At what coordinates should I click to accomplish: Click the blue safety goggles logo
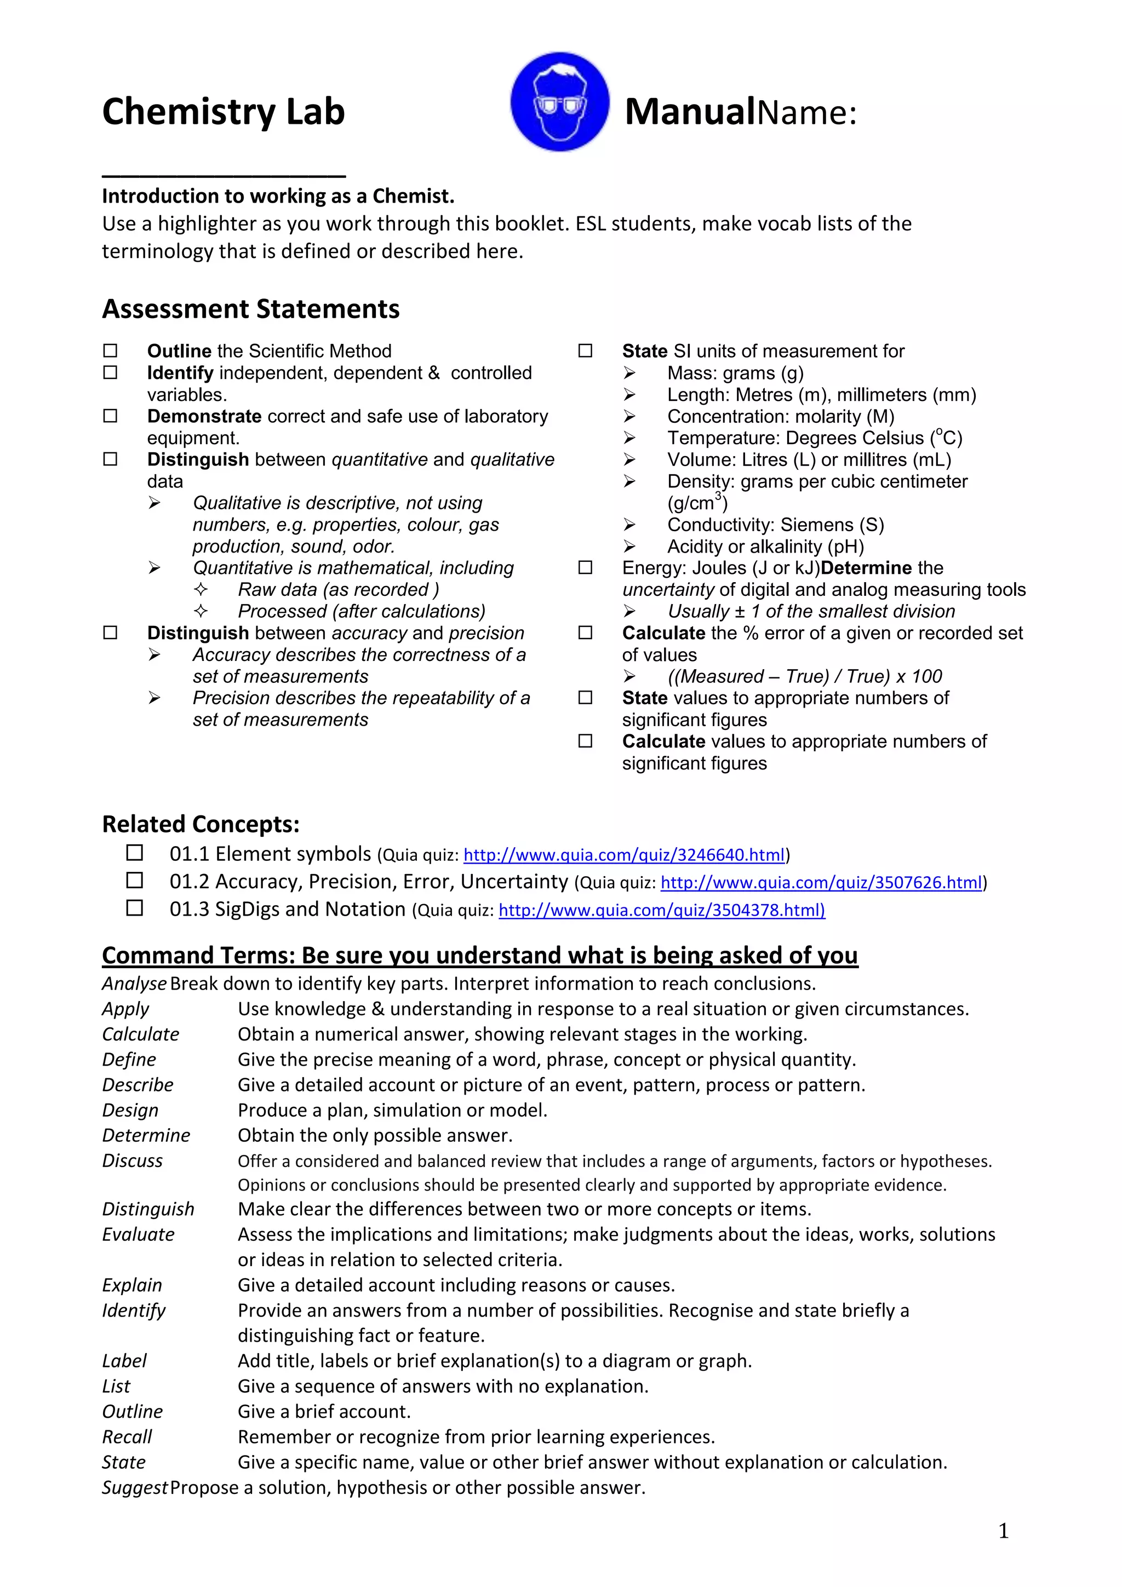point(559,102)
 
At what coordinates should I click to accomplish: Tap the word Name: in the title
point(807,112)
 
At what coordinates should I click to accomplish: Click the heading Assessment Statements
point(250,308)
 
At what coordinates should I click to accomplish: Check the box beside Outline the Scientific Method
point(111,350)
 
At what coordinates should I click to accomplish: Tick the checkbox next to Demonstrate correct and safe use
point(111,416)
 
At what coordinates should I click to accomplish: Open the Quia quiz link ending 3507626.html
point(821,883)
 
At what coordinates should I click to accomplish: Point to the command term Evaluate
point(138,1234)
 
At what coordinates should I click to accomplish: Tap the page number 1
point(1003,1531)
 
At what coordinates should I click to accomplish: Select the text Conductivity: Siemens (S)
point(775,525)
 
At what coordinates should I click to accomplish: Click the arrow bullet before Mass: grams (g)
point(629,373)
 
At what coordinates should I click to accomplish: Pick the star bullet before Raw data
point(201,590)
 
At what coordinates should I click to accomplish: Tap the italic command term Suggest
point(134,1487)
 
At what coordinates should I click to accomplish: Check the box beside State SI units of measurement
point(585,350)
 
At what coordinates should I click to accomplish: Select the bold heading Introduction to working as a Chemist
point(278,196)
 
